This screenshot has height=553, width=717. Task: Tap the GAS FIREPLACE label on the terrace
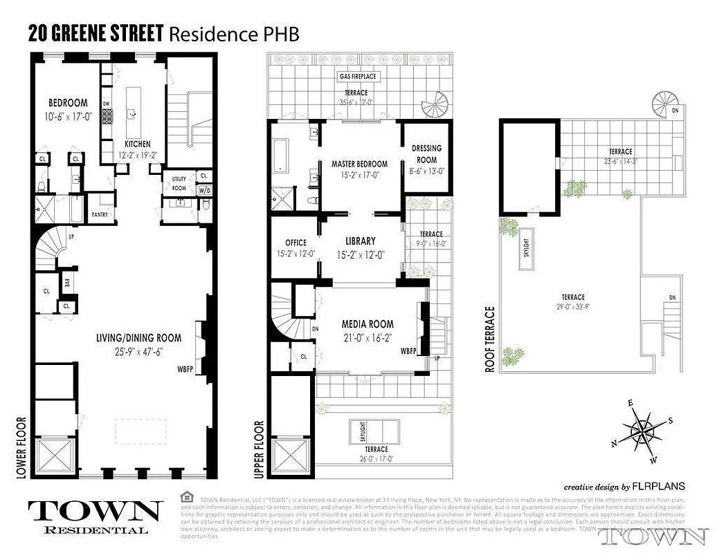pos(356,76)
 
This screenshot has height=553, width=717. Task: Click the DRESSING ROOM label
pos(426,154)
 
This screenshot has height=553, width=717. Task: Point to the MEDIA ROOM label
pos(367,324)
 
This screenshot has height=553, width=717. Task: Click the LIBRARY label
pos(360,241)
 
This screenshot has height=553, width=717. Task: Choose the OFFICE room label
pos(296,243)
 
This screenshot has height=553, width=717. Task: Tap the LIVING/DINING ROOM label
pos(139,338)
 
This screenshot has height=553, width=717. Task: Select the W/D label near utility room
pos(205,190)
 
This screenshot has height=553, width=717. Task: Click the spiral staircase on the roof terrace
pos(664,106)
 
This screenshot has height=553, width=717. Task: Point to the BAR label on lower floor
pos(67,283)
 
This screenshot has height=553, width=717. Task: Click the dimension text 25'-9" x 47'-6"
pos(139,350)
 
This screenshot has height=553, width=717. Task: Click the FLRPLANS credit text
pos(653,486)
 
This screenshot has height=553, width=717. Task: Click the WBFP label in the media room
pos(409,351)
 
